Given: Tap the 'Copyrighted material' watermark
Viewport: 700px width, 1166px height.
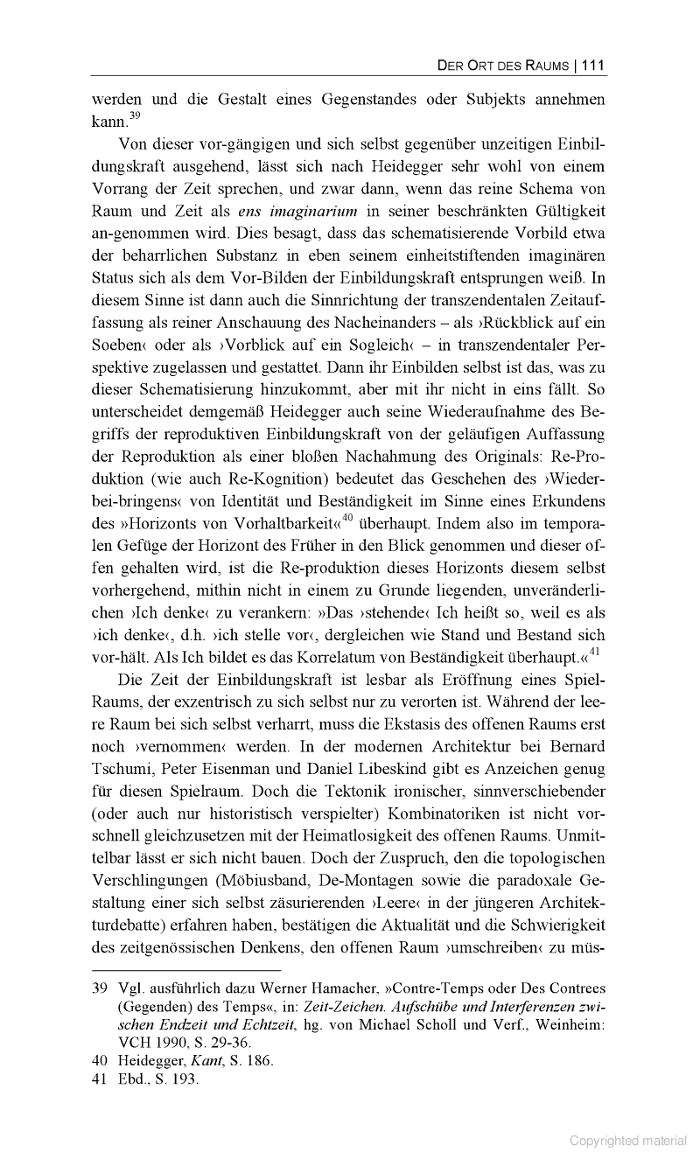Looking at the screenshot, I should pos(628,1141).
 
